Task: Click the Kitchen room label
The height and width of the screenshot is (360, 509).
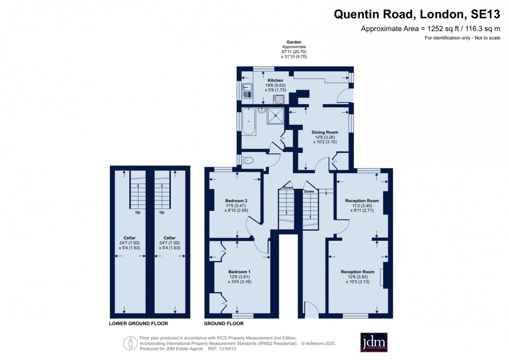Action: pyautogui.click(x=275, y=80)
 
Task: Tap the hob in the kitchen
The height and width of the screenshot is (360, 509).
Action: pyautogui.click(x=278, y=99)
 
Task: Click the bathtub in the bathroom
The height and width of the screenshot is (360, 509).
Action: pyautogui.click(x=248, y=121)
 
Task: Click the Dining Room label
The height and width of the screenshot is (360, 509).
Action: pyautogui.click(x=325, y=132)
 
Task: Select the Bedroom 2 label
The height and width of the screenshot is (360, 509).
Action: pyautogui.click(x=236, y=200)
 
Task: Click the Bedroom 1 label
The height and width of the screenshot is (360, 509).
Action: pyautogui.click(x=240, y=272)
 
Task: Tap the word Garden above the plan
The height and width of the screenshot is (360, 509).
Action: pyautogui.click(x=293, y=42)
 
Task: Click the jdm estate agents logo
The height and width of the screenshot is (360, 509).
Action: pyautogui.click(x=374, y=342)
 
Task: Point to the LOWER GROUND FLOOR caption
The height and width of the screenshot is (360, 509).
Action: pyautogui.click(x=138, y=324)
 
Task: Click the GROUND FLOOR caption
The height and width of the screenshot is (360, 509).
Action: pyautogui.click(x=224, y=324)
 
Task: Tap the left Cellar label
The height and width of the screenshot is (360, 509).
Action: pyautogui.click(x=130, y=238)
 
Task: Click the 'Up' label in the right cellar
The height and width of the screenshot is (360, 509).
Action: pyautogui.click(x=162, y=212)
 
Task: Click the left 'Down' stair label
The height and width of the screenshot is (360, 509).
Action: pyautogui.click(x=288, y=188)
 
